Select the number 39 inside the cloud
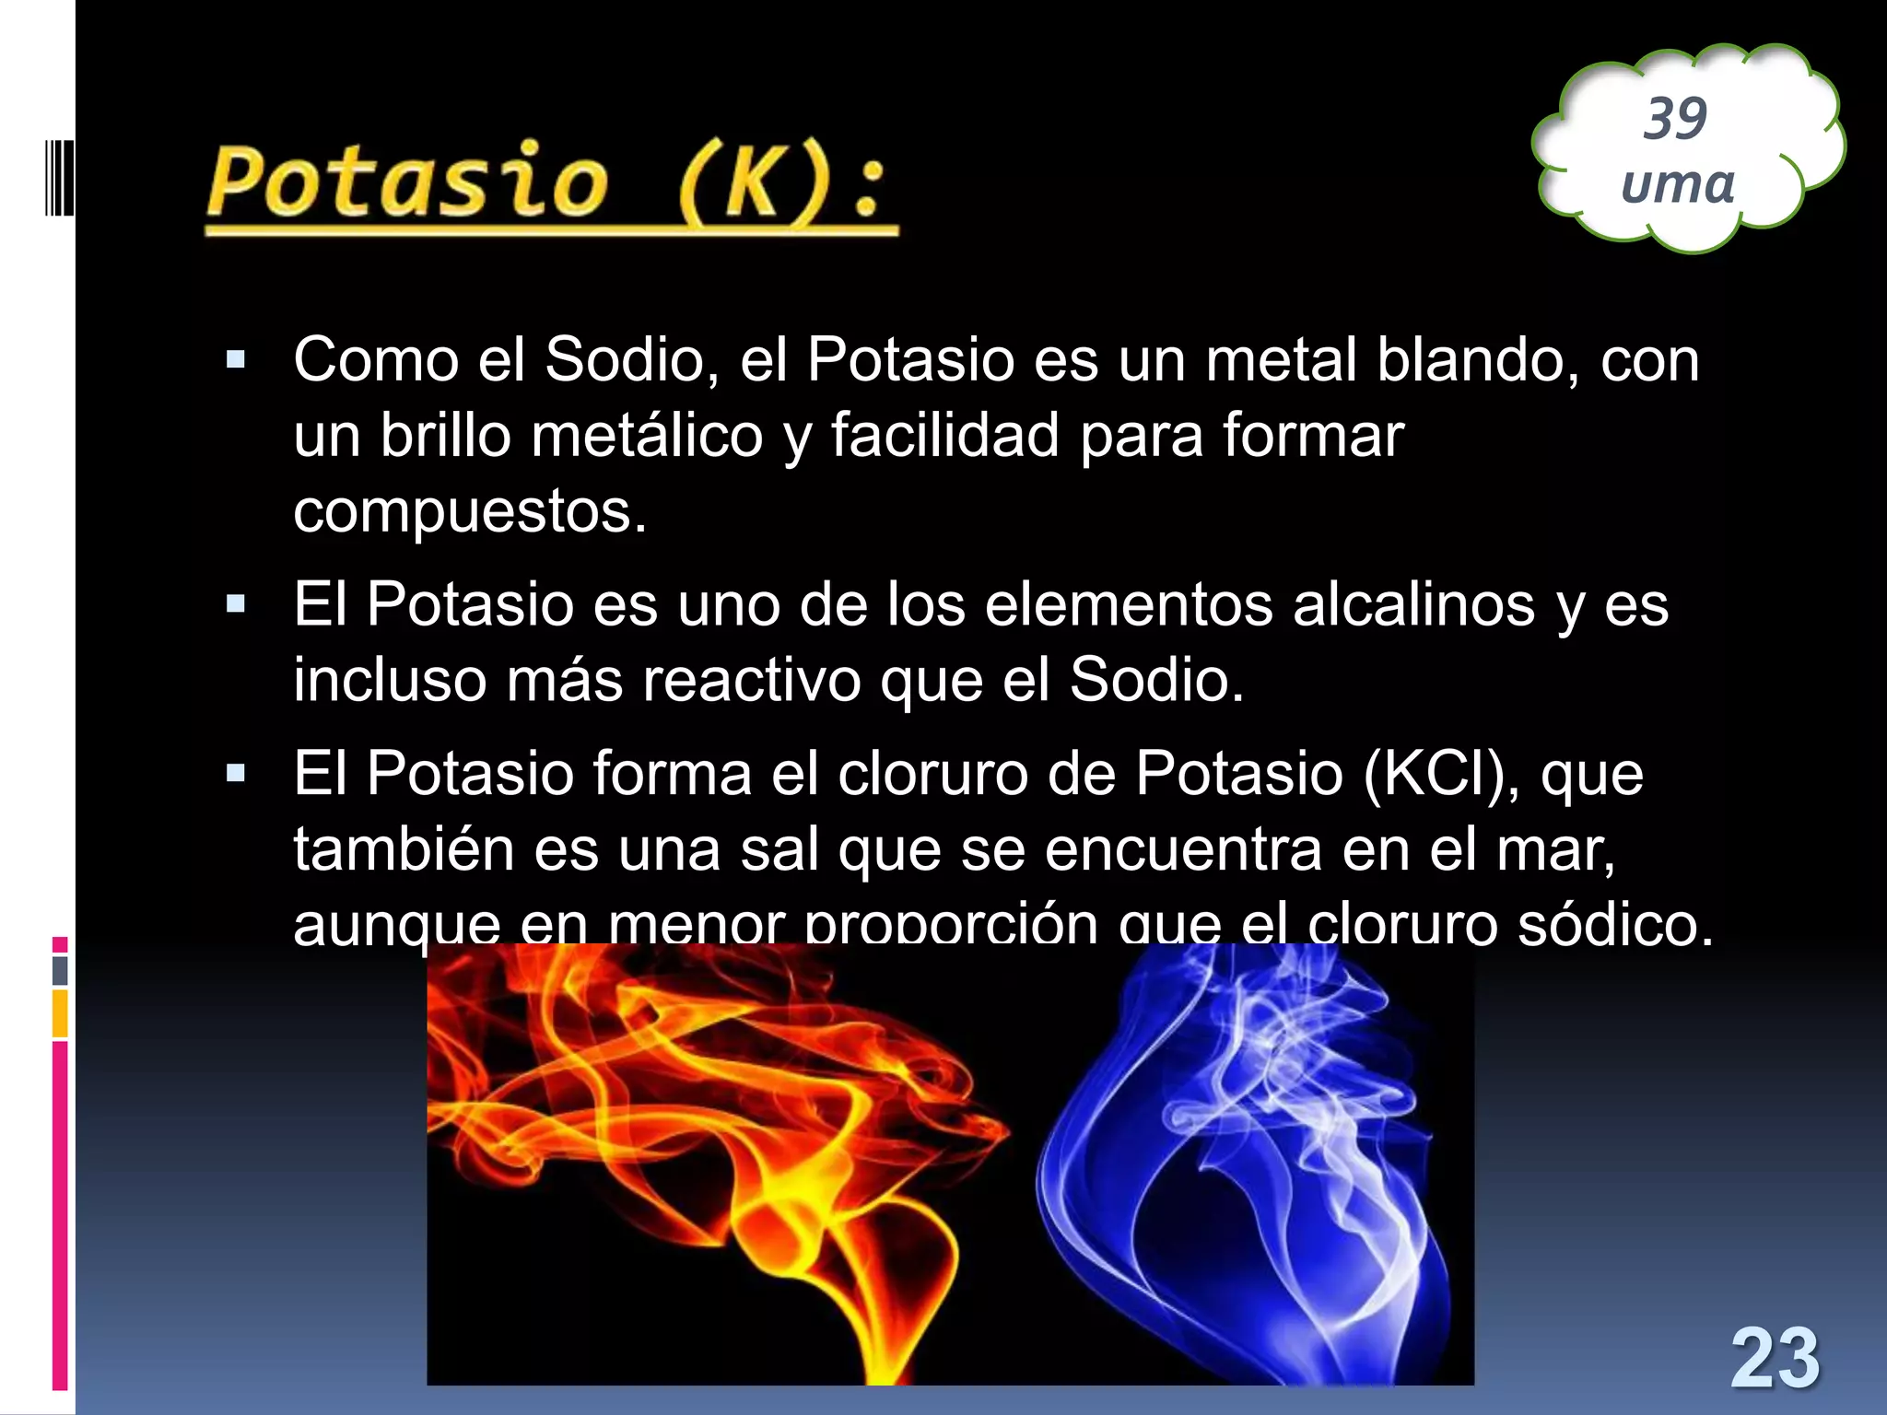1675,119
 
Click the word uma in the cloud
1677,183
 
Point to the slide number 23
1775,1358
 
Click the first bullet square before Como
236,359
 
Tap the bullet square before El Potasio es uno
236,605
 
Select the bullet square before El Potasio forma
236,773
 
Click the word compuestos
470,512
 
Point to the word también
404,848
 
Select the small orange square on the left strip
60,1013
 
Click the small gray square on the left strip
60,970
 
